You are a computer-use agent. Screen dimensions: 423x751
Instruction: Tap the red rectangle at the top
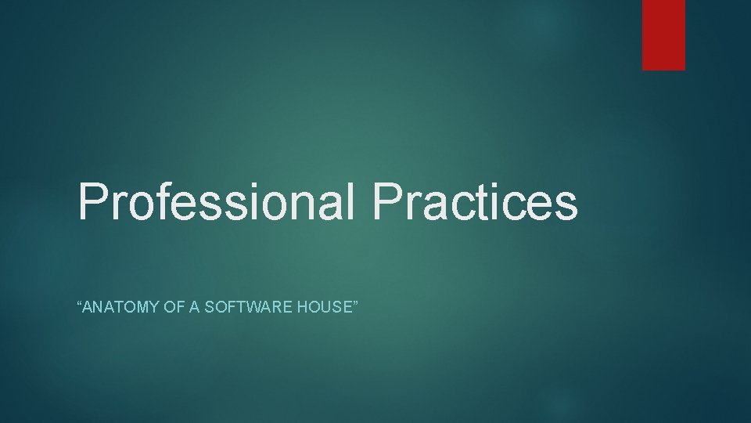[663, 34]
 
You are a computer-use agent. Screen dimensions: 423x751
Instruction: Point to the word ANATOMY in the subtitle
[116, 307]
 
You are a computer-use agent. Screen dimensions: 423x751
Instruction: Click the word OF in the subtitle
[173, 307]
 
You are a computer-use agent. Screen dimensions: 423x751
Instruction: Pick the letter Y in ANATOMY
[152, 307]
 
